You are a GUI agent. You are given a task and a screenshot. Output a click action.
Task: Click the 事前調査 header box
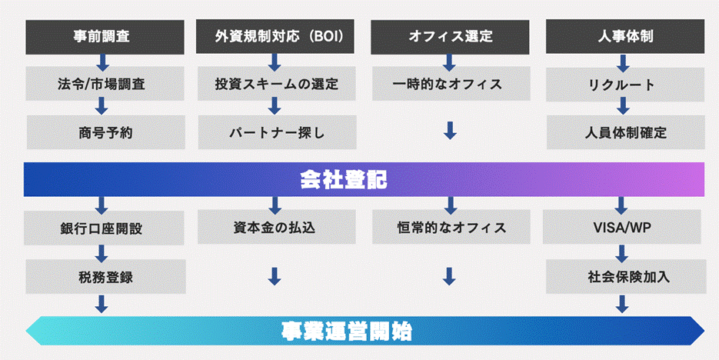click(x=105, y=35)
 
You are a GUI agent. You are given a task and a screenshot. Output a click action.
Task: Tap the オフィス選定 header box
click(x=451, y=35)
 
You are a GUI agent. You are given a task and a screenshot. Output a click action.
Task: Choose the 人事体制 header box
click(x=624, y=35)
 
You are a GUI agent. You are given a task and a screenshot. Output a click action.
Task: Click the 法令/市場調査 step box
click(x=105, y=84)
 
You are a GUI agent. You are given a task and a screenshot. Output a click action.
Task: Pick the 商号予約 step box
click(x=105, y=132)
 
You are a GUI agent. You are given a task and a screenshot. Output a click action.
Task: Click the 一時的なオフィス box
click(x=451, y=84)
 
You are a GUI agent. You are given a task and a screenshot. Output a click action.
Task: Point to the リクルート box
click(x=624, y=85)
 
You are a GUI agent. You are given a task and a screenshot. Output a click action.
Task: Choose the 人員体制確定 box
click(x=624, y=132)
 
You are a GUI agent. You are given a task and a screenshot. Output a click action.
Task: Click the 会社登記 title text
click(x=343, y=180)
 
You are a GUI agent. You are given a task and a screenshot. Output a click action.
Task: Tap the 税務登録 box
click(x=105, y=276)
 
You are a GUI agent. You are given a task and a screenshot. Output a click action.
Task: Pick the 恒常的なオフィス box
click(x=451, y=228)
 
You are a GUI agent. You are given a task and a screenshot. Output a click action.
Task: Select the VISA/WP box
click(x=624, y=228)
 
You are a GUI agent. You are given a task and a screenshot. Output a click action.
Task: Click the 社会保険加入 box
click(x=624, y=276)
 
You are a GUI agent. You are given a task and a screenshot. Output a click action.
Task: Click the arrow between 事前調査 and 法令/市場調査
click(x=102, y=60)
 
